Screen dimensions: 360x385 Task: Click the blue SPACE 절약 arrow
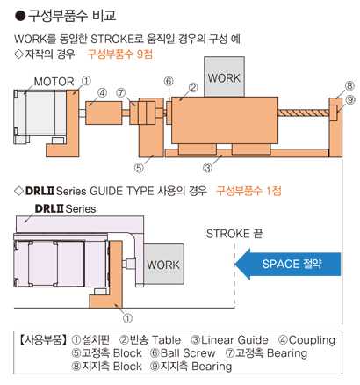coord(288,264)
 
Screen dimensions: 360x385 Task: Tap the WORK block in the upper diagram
coord(224,76)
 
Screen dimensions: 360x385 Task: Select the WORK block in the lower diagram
coord(164,264)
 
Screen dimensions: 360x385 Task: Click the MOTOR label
coord(54,82)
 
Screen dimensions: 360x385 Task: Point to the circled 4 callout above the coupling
coord(102,93)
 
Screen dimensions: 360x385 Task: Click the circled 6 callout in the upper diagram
coord(169,81)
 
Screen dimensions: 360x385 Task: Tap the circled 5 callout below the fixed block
coord(139,168)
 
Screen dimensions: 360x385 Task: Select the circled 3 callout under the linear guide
coord(207,168)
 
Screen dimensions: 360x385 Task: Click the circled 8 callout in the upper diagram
coord(349,86)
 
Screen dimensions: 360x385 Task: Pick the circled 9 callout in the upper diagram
coord(350,100)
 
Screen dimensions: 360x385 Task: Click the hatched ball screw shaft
coord(304,113)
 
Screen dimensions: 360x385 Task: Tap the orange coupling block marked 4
coord(104,113)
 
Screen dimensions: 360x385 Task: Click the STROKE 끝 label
coord(234,234)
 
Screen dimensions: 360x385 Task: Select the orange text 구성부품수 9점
coord(119,54)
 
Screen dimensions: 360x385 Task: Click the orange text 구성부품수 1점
coord(248,191)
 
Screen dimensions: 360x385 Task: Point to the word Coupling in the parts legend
coord(312,340)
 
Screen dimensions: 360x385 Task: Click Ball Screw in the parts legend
coord(188,353)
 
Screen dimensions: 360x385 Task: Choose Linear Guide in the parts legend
coord(234,340)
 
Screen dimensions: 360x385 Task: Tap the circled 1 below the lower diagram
coord(127,318)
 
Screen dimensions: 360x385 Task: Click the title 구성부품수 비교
coord(72,16)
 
